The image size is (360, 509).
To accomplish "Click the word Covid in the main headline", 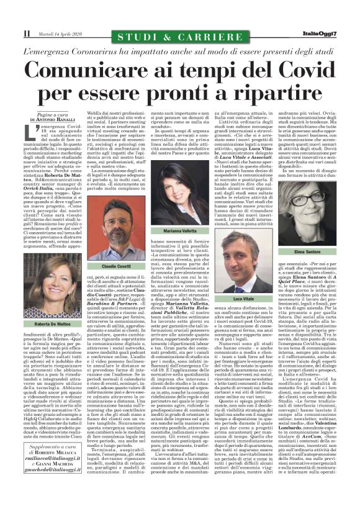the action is click(x=292, y=69).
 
